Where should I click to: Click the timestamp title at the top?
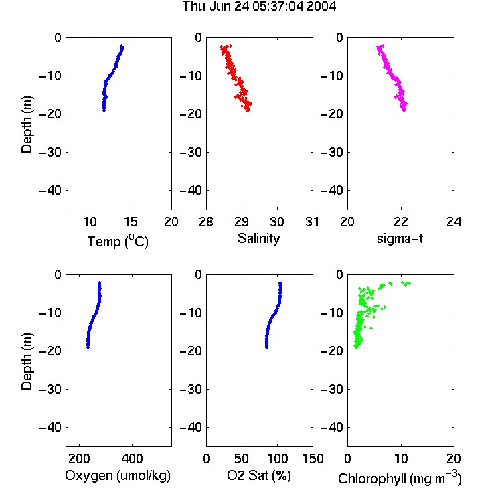[x=259, y=6]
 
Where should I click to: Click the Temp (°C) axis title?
[x=118, y=241]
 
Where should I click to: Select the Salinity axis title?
[x=258, y=238]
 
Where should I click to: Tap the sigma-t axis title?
[x=400, y=238]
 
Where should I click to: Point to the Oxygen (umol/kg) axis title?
[x=118, y=476]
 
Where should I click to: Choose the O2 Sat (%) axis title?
[x=259, y=475]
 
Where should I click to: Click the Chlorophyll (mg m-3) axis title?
[x=400, y=478]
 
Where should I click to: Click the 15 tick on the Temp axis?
[x=131, y=222]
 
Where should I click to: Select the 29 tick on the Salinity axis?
[x=242, y=222]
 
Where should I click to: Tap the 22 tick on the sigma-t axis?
[x=400, y=222]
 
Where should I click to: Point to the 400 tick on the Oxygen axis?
[x=133, y=458]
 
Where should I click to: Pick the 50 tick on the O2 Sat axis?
[x=242, y=458]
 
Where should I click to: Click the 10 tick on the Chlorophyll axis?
[x=401, y=458]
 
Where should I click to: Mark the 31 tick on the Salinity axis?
[x=312, y=222]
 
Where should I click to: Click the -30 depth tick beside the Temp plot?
[x=50, y=152]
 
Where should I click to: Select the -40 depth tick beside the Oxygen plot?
[x=50, y=427]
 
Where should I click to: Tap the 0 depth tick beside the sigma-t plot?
[x=339, y=37]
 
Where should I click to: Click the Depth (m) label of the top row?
[x=27, y=124]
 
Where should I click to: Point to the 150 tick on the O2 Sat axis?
[x=313, y=458]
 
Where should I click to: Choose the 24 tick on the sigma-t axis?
[x=454, y=222]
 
